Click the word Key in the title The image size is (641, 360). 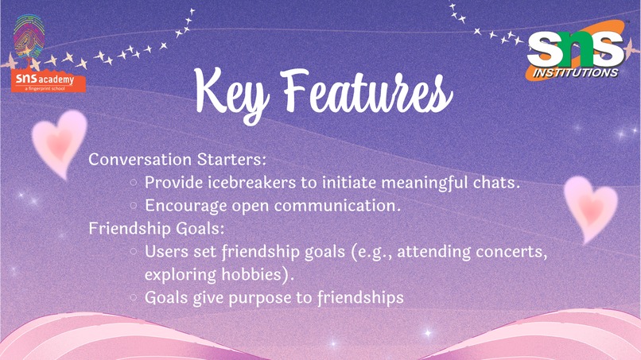pos(231,95)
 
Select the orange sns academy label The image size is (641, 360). pos(49,80)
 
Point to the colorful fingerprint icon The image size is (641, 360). pos(29,36)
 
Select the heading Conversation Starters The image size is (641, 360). pos(177,160)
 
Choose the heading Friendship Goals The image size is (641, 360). pos(157,228)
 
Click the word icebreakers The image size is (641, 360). pos(252,182)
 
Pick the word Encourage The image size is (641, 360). pos(186,207)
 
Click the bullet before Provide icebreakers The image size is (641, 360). pos(134,183)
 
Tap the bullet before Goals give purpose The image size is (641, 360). pos(134,297)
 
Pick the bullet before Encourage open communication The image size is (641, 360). pos(134,206)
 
